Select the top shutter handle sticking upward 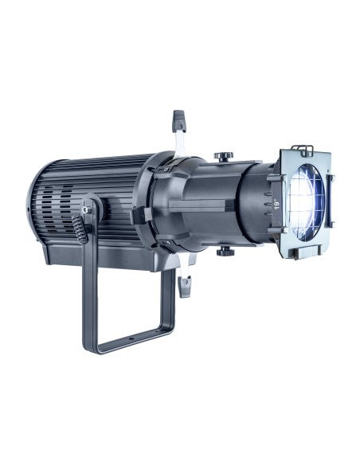(x=178, y=122)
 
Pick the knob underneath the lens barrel (x=225, y=251)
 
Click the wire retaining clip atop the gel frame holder (x=312, y=149)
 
